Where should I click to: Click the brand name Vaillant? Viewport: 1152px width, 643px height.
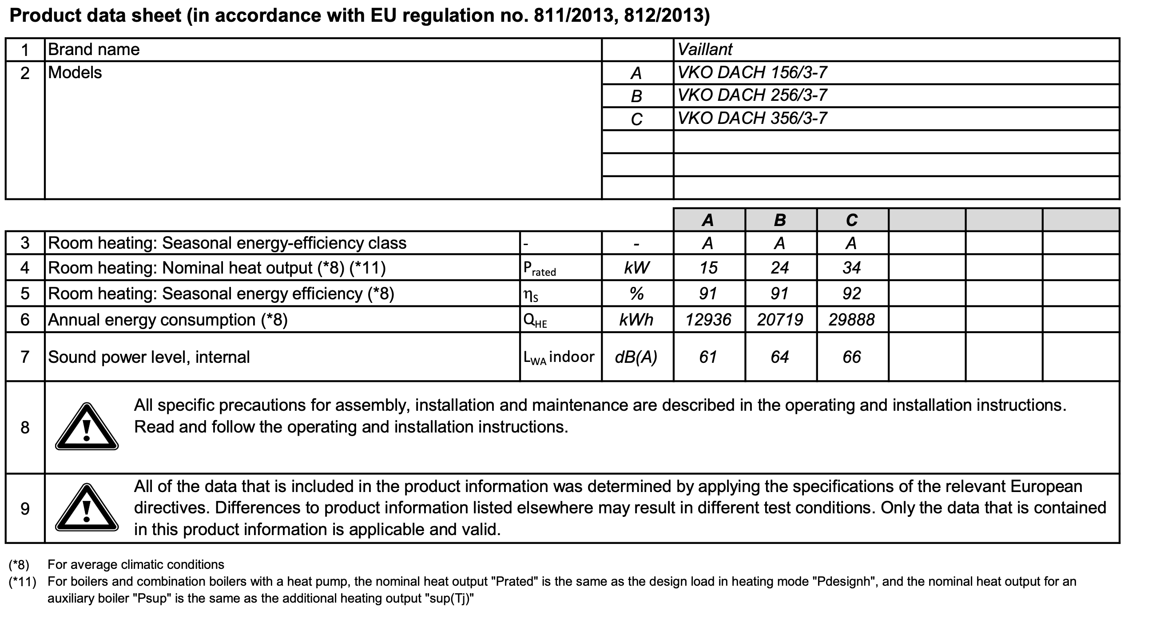coord(705,50)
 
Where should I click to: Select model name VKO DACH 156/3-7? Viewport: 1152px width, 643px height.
coord(752,72)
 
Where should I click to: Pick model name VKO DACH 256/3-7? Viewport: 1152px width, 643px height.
coord(752,95)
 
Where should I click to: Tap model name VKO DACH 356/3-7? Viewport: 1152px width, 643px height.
coord(752,119)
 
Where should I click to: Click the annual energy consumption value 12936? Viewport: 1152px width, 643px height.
coord(708,320)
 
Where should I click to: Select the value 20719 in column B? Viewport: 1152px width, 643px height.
coord(780,320)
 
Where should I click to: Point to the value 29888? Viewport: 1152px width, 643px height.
coord(851,320)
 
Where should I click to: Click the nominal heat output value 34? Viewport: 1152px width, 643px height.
coord(851,268)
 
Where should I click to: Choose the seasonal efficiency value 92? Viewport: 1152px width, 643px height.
coord(851,294)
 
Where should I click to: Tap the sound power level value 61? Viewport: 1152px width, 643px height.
coord(708,357)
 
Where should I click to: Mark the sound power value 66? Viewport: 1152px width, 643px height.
coord(851,357)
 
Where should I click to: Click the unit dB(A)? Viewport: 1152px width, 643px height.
coord(636,357)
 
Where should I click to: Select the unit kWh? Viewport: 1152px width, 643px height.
coord(636,320)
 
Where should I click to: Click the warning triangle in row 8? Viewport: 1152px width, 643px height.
coord(87,428)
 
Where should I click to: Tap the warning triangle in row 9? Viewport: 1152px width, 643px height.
coord(87,508)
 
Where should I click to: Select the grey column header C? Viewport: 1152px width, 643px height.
coord(852,220)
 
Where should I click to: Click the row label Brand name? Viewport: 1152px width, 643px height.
coord(94,50)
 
